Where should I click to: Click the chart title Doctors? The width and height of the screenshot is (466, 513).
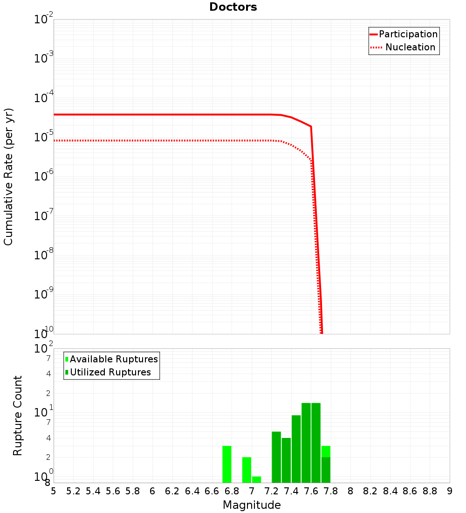click(x=233, y=7)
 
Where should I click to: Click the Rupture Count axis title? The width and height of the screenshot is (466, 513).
click(x=18, y=416)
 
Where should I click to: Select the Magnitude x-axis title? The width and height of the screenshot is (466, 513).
click(x=252, y=505)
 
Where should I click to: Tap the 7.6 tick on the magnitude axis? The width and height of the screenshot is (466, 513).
click(x=311, y=491)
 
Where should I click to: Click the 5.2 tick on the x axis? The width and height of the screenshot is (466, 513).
click(x=73, y=491)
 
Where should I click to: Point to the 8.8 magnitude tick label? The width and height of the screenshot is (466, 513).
click(x=430, y=491)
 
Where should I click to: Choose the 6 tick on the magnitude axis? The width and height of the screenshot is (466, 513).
click(x=152, y=491)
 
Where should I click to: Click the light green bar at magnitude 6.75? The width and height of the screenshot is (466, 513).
click(x=227, y=464)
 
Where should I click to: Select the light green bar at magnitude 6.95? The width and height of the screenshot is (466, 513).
click(x=247, y=470)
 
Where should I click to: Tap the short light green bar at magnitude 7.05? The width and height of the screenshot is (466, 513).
click(x=256, y=479)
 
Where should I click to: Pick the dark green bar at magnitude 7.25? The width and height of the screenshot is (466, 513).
click(x=276, y=457)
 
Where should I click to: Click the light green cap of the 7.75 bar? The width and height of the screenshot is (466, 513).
click(x=326, y=451)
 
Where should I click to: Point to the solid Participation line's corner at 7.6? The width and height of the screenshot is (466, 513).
click(x=311, y=126)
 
